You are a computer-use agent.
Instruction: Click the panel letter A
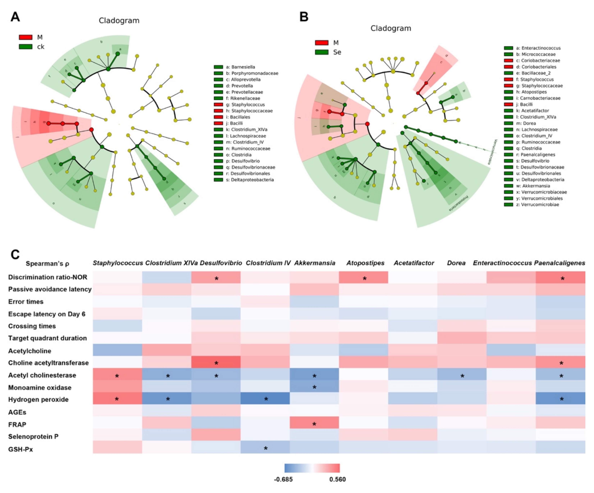(15, 17)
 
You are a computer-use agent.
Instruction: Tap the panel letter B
(304, 17)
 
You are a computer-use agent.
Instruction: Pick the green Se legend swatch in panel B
(322, 52)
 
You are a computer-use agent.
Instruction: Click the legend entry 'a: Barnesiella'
(240, 67)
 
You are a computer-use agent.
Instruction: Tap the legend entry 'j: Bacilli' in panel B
(526, 104)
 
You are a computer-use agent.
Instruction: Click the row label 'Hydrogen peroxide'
(38, 399)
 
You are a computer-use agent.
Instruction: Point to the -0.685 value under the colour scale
(283, 479)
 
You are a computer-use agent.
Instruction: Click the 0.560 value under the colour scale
(337, 479)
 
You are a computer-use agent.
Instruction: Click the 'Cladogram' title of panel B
(391, 28)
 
